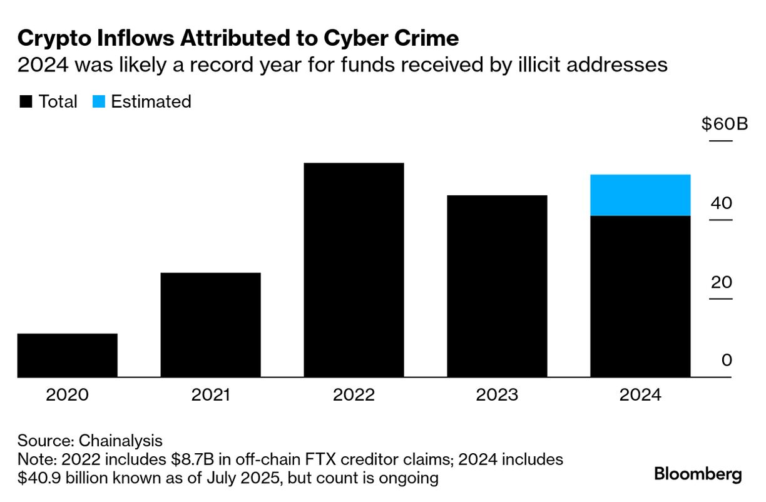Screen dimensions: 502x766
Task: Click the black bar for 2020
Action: (x=68, y=356)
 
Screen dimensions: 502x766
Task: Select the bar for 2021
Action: (x=210, y=325)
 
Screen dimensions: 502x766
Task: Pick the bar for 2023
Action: (x=497, y=287)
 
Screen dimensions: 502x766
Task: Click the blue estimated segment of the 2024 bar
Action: (x=640, y=195)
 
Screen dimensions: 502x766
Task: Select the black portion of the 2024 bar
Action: (x=640, y=297)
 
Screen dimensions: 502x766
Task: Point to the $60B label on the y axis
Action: (x=725, y=124)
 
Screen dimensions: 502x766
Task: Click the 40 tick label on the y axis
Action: (x=721, y=203)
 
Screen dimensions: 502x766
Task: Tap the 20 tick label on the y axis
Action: (x=721, y=282)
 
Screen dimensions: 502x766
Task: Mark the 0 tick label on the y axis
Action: (x=726, y=361)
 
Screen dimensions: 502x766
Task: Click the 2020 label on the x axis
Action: (x=68, y=396)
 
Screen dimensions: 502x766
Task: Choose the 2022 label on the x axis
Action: (x=354, y=396)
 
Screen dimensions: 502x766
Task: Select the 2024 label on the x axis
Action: (x=640, y=396)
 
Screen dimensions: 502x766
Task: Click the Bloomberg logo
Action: (x=698, y=474)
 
